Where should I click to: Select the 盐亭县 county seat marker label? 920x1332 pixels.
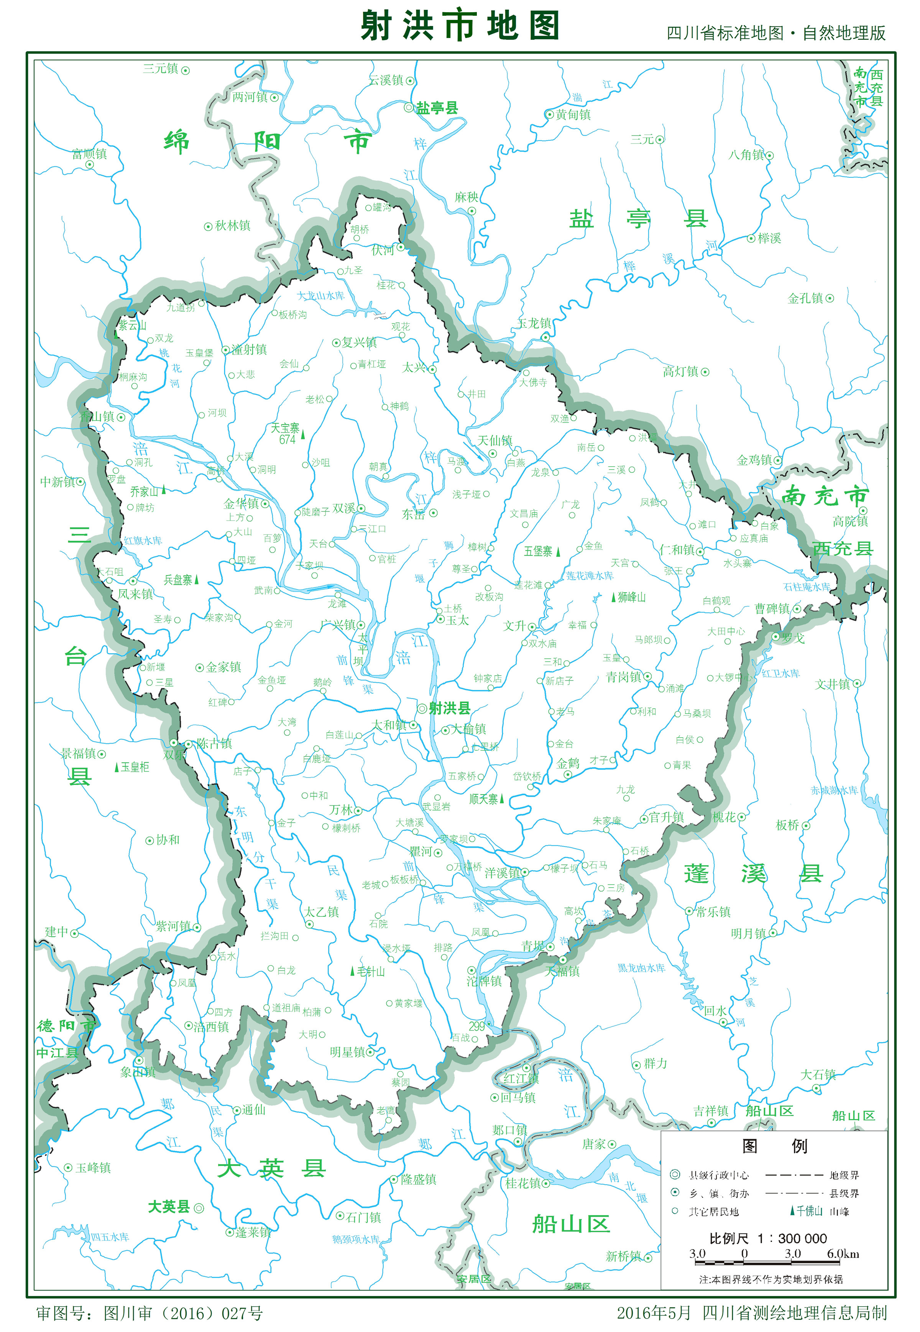(x=436, y=108)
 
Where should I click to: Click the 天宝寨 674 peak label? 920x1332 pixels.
(x=286, y=433)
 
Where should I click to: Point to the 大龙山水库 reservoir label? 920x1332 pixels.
(x=320, y=296)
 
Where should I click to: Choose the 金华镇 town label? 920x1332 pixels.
(x=242, y=503)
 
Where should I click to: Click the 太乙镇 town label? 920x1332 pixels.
(x=321, y=912)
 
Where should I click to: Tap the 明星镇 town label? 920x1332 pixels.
(x=348, y=1052)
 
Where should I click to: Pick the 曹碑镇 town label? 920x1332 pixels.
(x=772, y=609)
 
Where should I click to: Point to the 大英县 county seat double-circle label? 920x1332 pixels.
(x=169, y=1207)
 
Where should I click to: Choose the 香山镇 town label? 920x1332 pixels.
(x=97, y=416)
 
